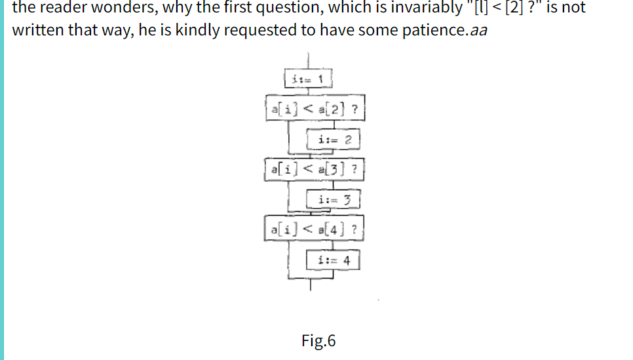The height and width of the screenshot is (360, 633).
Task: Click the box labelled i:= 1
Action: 309,79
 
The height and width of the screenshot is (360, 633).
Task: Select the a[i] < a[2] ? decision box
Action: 315,108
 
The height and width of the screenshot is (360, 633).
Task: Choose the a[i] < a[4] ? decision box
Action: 315,230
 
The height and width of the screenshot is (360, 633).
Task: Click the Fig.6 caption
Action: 318,341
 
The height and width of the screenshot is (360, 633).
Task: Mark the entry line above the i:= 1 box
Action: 309,60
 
